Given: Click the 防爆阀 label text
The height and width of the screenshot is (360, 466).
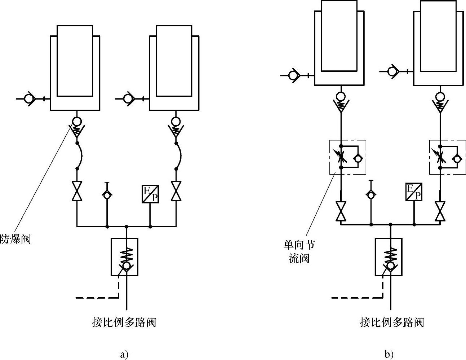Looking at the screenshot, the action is click(x=15, y=239).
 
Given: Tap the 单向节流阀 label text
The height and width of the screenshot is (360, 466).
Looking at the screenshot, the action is click(x=299, y=251).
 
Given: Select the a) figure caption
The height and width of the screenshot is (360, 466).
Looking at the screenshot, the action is click(x=124, y=354).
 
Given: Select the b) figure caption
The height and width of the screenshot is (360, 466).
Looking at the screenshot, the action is click(x=389, y=354).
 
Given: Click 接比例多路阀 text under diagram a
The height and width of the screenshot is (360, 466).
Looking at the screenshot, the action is click(x=124, y=322).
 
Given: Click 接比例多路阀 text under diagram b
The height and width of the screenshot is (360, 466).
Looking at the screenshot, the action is click(x=392, y=322).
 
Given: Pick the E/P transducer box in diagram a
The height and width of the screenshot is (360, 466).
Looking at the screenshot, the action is click(x=150, y=194).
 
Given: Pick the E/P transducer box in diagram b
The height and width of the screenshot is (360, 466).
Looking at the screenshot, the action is click(x=414, y=192).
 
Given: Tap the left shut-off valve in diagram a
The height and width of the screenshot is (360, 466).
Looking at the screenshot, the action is click(x=77, y=191).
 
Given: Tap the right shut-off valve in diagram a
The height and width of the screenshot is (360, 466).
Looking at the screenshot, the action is click(x=176, y=191).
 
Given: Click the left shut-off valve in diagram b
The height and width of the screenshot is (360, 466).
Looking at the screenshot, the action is click(x=341, y=211).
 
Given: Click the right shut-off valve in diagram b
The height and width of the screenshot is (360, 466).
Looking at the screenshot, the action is click(x=440, y=211).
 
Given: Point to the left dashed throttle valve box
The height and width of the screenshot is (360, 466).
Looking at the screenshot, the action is click(x=348, y=157).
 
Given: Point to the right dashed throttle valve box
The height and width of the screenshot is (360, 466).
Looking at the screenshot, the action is click(x=448, y=157).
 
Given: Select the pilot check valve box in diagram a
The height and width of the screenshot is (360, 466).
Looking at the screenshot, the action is click(x=124, y=257).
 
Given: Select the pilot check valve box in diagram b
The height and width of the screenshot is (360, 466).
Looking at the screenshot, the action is click(x=389, y=257).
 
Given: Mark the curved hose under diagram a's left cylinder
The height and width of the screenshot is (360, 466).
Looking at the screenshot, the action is click(x=82, y=156).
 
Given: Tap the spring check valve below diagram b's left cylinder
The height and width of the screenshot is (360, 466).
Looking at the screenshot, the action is click(x=341, y=102).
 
